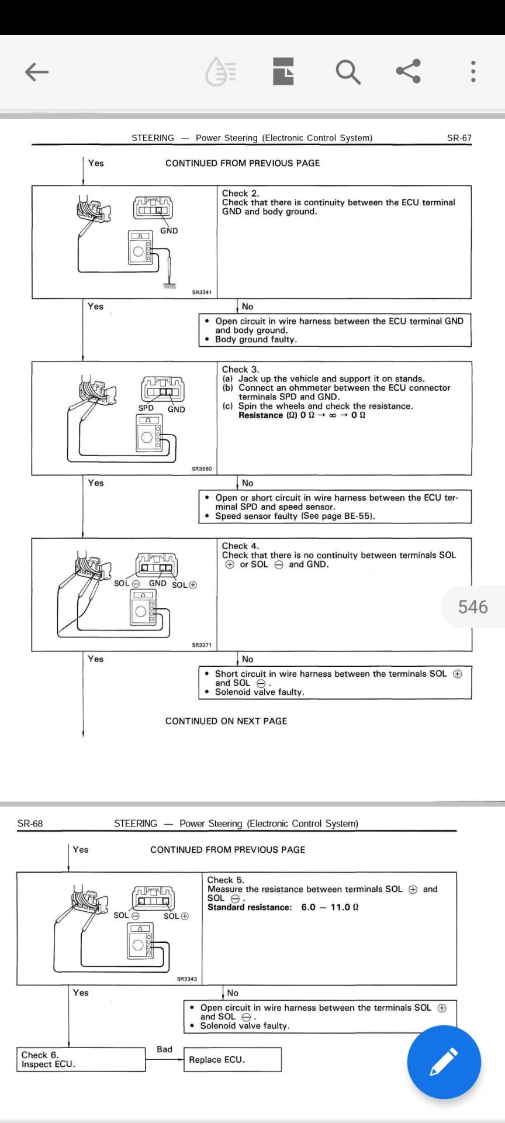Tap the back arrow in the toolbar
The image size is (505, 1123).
(37, 72)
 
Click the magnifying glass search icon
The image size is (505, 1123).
(348, 72)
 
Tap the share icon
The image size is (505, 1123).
(409, 71)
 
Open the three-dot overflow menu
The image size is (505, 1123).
(473, 71)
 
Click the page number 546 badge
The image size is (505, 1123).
(473, 607)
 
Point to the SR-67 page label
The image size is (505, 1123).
(459, 138)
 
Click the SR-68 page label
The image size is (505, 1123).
(30, 824)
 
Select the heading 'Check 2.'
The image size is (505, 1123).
(240, 193)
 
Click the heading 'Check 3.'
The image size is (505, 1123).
(240, 370)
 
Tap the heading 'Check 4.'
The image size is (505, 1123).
(240, 546)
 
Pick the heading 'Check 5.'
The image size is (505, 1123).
(226, 880)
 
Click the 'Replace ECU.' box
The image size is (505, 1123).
(232, 1059)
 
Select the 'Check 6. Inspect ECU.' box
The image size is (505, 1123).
(81, 1059)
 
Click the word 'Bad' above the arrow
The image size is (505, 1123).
(165, 1049)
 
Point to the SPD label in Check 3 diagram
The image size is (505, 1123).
(146, 408)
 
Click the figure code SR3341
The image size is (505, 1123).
(202, 292)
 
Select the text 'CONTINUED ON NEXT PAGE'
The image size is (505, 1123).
(226, 721)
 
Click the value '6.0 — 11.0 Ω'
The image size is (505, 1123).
(330, 907)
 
